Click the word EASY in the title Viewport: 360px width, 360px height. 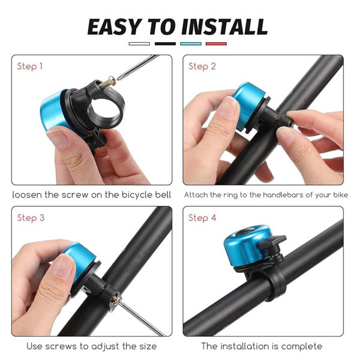point(114,26)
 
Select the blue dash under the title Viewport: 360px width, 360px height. point(191,44)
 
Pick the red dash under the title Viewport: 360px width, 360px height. point(216,44)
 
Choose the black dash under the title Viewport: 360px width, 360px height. point(166,44)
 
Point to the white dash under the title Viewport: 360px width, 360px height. point(139,44)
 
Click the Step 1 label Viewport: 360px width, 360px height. point(30,67)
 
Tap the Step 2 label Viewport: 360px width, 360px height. point(202,67)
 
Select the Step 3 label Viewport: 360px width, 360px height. point(31,218)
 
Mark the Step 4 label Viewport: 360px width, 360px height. point(202,218)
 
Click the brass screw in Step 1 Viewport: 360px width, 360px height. point(107,83)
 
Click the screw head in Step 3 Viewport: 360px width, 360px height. point(116,298)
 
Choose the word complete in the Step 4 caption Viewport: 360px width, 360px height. point(302,346)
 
